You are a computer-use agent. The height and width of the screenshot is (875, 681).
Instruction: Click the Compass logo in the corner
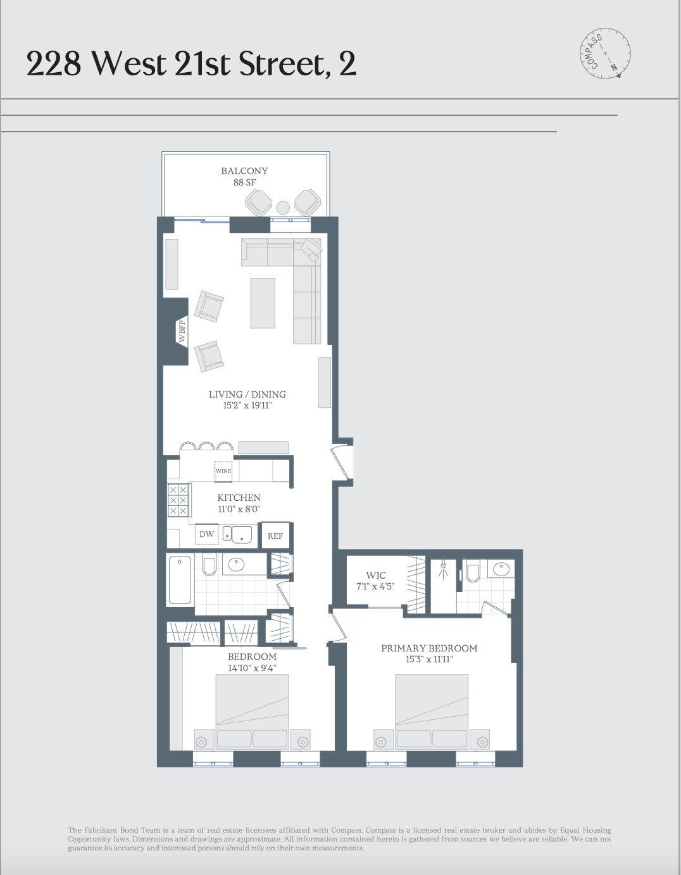(606, 53)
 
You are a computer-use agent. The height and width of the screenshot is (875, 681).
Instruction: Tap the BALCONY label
(244, 171)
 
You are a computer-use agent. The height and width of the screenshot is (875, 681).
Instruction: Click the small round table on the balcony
(283, 207)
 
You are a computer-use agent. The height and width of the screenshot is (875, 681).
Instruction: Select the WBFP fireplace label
(182, 331)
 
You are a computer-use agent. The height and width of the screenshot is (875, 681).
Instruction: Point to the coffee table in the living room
(263, 303)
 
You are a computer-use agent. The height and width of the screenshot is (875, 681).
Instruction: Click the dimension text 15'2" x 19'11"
(247, 405)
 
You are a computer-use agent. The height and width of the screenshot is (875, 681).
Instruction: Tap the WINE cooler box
(223, 471)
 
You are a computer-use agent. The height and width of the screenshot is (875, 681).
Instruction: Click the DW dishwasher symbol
(206, 534)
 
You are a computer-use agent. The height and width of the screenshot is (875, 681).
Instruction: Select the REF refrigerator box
(275, 536)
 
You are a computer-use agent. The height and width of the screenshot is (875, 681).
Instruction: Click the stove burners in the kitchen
(178, 500)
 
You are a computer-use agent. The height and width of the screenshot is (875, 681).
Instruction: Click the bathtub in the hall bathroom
(180, 580)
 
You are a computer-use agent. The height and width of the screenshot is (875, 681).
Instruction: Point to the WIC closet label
(375, 576)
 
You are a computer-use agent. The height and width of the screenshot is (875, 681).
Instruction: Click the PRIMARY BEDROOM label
(428, 648)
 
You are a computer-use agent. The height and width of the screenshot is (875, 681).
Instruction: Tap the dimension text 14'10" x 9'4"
(252, 668)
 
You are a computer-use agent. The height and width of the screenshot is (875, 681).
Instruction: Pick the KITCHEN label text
(239, 498)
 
